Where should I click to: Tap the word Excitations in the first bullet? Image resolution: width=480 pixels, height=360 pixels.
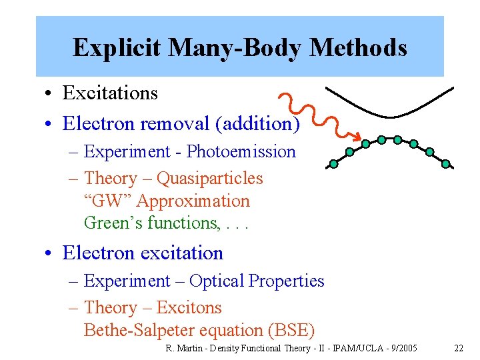pos(110,93)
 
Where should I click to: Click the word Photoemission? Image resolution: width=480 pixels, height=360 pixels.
pos(241,151)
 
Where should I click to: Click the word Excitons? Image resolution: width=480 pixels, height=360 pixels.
pos(189,307)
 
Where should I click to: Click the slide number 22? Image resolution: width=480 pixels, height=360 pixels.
pos(459,348)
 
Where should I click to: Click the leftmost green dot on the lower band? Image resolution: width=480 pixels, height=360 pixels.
pos(334,163)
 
